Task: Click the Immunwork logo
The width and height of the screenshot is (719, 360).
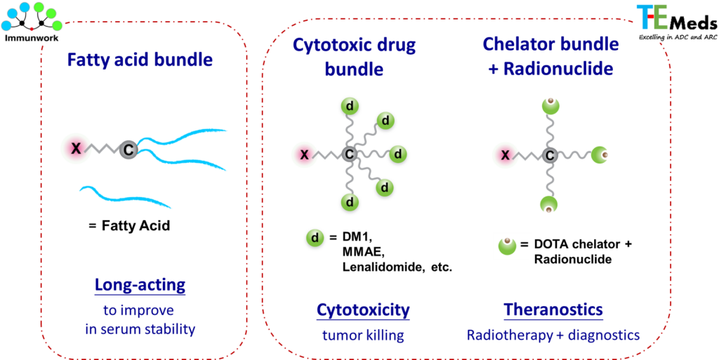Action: (32, 21)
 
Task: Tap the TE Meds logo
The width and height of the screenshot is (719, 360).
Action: (676, 22)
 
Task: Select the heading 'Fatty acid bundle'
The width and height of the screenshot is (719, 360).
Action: (140, 60)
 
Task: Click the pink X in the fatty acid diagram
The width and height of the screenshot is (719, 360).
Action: (76, 148)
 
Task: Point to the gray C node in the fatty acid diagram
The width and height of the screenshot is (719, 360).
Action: (128, 149)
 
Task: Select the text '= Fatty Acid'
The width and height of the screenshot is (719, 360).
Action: (129, 226)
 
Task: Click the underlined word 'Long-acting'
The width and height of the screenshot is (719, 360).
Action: (140, 285)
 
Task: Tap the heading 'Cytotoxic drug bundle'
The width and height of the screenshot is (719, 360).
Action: (354, 58)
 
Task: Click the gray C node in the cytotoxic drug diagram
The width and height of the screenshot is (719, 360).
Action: (349, 154)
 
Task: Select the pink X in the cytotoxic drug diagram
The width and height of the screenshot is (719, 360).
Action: (304, 154)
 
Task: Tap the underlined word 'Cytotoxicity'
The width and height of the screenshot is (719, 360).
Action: (363, 309)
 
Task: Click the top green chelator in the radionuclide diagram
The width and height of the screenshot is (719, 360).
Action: (550, 107)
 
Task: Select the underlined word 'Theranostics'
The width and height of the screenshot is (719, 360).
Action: (553, 309)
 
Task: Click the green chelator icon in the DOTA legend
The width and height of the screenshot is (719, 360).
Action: (507, 246)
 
